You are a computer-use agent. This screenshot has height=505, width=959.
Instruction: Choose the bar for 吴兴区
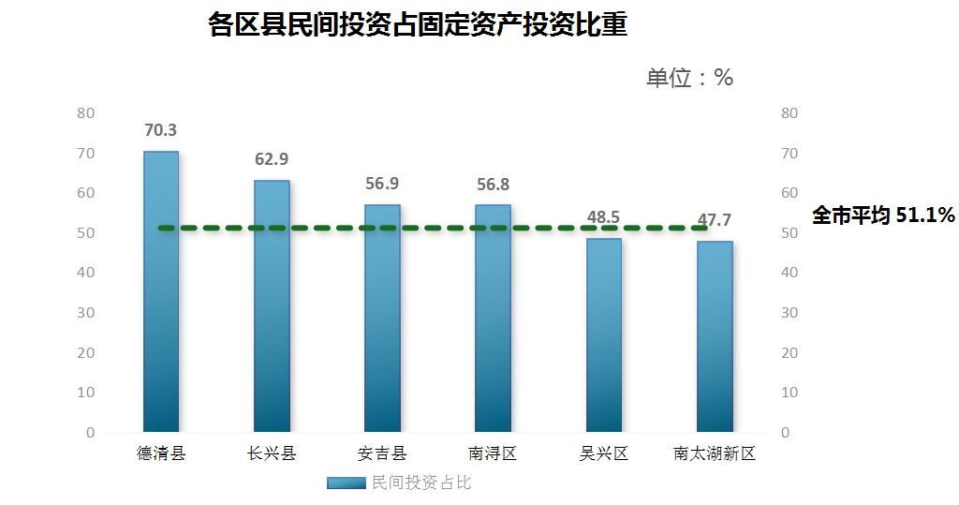click(x=603, y=337)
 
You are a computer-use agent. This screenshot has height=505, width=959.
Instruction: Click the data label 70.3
click(x=160, y=130)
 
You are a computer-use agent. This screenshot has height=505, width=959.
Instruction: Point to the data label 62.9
click(x=272, y=159)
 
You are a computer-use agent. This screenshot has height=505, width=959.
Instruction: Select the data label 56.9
click(x=382, y=184)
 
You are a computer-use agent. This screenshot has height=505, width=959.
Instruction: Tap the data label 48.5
click(x=603, y=217)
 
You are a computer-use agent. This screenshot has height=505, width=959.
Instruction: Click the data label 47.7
click(x=715, y=220)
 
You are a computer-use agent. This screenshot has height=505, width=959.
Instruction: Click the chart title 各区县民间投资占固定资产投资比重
click(x=418, y=25)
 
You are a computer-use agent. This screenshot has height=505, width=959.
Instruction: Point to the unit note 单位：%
click(x=689, y=78)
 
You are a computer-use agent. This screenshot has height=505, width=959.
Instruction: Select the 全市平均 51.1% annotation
click(x=882, y=215)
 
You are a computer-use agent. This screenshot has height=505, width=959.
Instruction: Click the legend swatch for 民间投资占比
click(x=347, y=483)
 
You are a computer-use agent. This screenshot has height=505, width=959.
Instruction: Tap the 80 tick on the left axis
click(x=86, y=113)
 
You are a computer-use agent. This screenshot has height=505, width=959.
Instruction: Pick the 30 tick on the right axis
click(x=789, y=313)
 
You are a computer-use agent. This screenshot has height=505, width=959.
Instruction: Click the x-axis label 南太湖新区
click(x=715, y=454)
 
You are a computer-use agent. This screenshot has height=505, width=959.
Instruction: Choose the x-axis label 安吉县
click(x=382, y=454)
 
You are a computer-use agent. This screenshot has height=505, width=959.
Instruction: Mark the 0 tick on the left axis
click(x=90, y=433)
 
